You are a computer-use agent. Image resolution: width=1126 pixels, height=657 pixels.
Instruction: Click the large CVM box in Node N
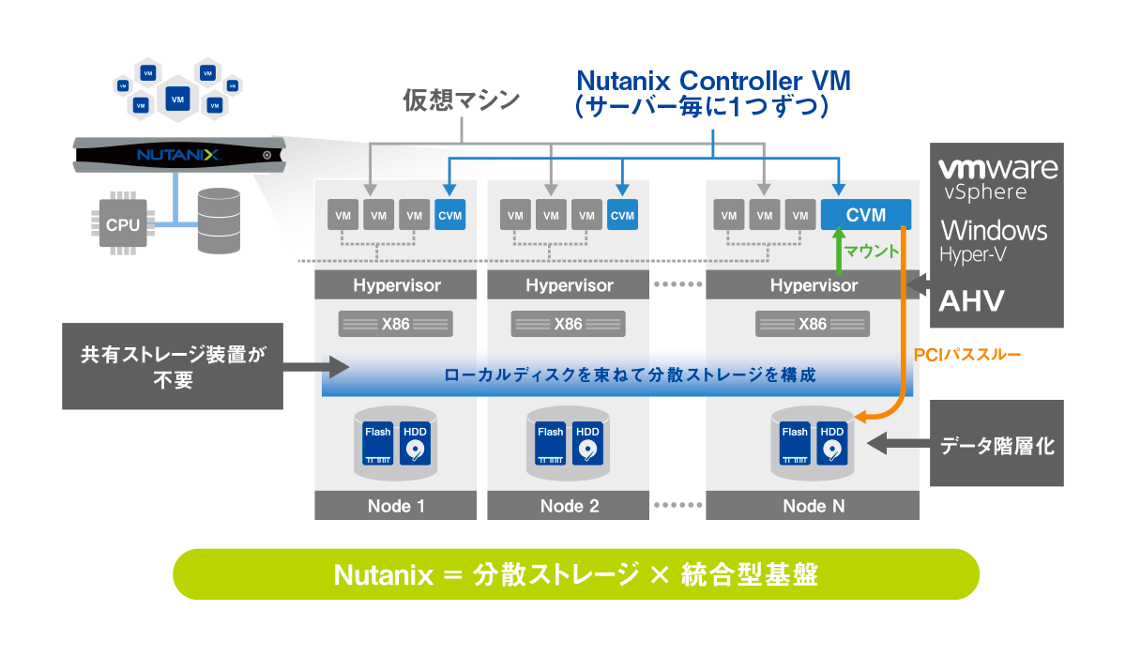865,215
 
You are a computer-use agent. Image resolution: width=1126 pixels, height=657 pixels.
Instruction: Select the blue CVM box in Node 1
449,215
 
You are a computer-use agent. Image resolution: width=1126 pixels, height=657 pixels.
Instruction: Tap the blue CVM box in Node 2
622,215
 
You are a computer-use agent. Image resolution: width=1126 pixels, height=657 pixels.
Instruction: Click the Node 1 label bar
395,506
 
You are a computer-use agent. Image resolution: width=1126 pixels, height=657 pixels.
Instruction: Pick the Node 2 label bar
569,506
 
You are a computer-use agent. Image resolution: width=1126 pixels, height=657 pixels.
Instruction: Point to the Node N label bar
813,506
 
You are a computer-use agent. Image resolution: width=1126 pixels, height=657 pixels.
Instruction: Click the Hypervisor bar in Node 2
569,284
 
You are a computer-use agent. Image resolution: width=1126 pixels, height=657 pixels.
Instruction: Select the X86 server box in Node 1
395,324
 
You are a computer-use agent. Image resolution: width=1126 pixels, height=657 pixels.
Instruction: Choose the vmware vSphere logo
997,178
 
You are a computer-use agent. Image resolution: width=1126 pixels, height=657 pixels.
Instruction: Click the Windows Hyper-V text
994,238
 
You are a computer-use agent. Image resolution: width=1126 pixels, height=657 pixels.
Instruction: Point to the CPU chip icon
122,224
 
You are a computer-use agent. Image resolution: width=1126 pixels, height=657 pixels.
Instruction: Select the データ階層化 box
997,446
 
